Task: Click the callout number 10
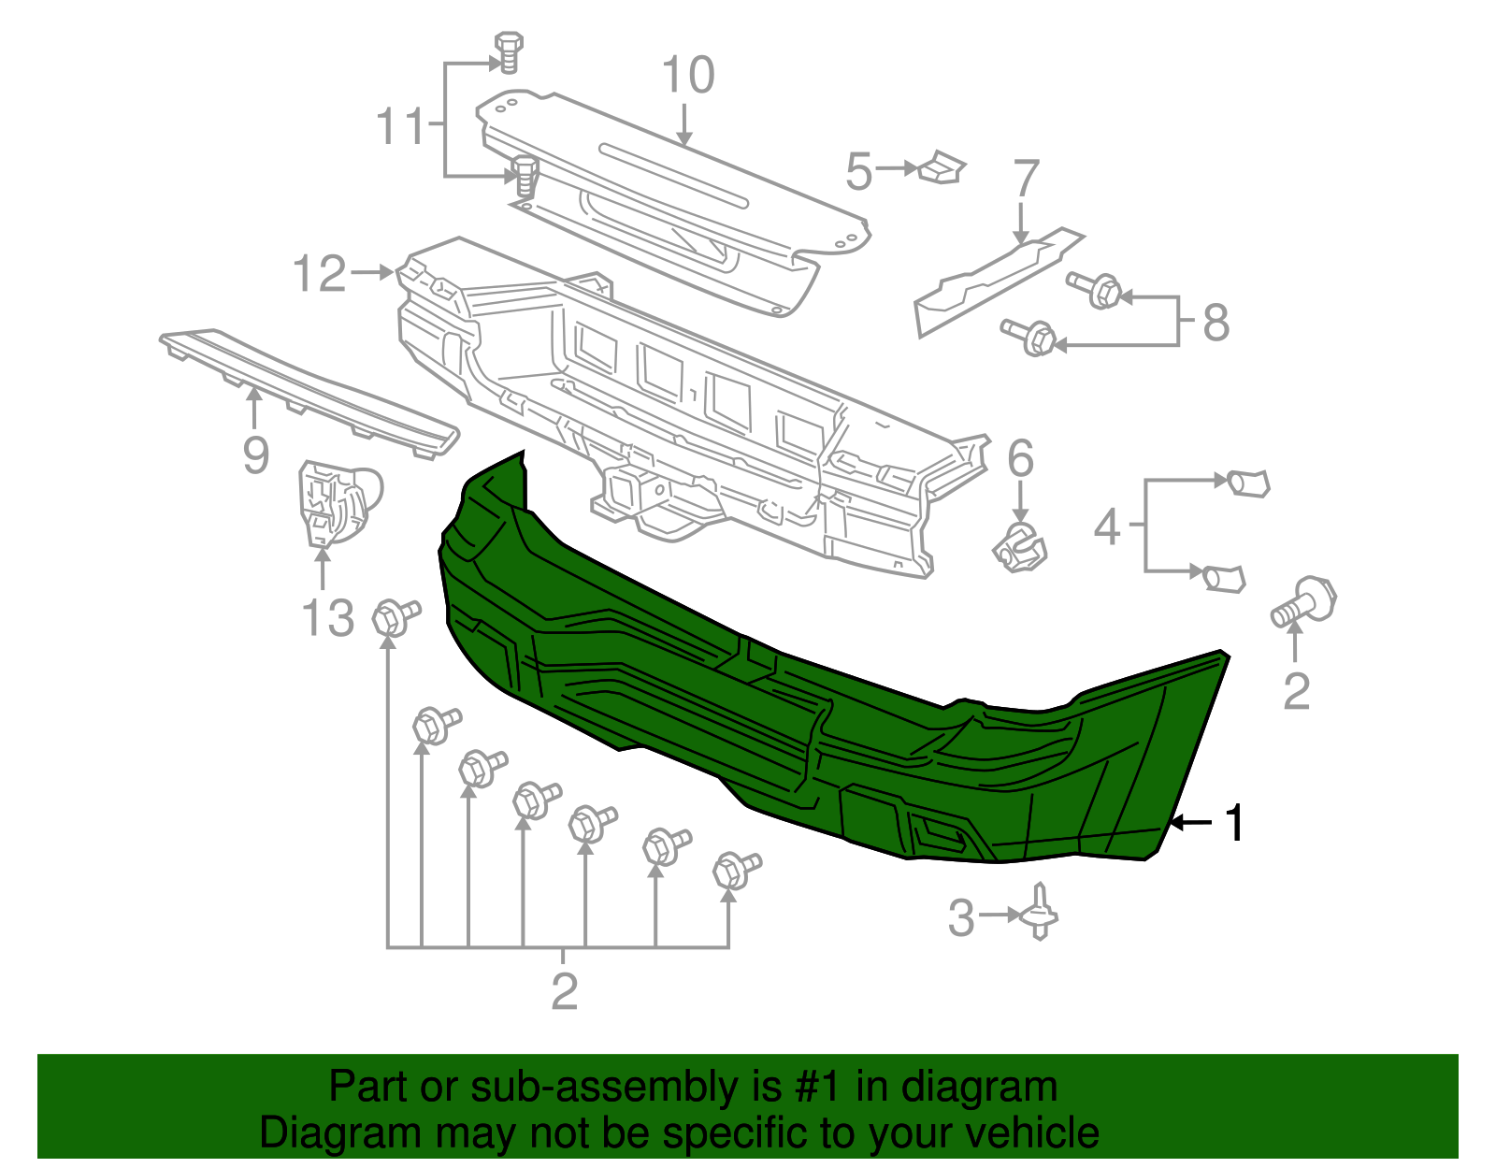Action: click(x=688, y=75)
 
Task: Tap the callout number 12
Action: click(x=319, y=273)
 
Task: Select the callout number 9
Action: click(x=255, y=454)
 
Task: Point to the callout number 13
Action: click(x=328, y=617)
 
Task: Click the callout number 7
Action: click(x=1026, y=178)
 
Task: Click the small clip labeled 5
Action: click(x=942, y=167)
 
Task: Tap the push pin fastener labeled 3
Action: click(x=1039, y=911)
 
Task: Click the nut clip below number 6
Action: click(x=1019, y=548)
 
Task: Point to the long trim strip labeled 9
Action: click(x=309, y=393)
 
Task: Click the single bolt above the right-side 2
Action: click(x=1303, y=601)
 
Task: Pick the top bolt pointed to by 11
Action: click(x=508, y=50)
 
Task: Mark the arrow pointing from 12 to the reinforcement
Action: click(x=372, y=272)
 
